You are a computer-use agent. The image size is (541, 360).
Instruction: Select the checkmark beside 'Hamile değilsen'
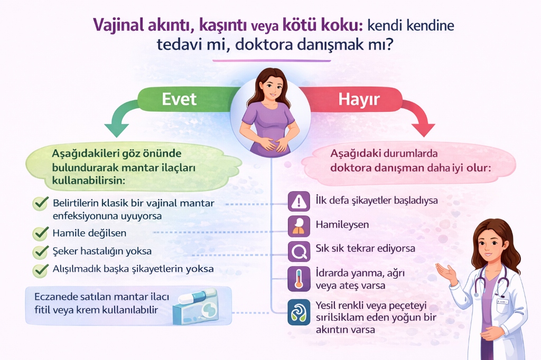coord(40,233)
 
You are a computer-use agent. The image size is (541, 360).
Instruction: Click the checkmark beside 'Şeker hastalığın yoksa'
coord(40,251)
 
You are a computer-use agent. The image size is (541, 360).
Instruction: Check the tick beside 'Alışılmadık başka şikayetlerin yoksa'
coord(40,270)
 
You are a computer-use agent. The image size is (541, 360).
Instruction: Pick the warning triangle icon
coord(299,201)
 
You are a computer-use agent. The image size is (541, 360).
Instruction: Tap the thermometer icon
coord(299,279)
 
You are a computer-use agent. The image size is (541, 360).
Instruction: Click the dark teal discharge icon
coord(299,311)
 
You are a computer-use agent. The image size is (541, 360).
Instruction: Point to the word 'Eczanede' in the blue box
coord(55,296)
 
